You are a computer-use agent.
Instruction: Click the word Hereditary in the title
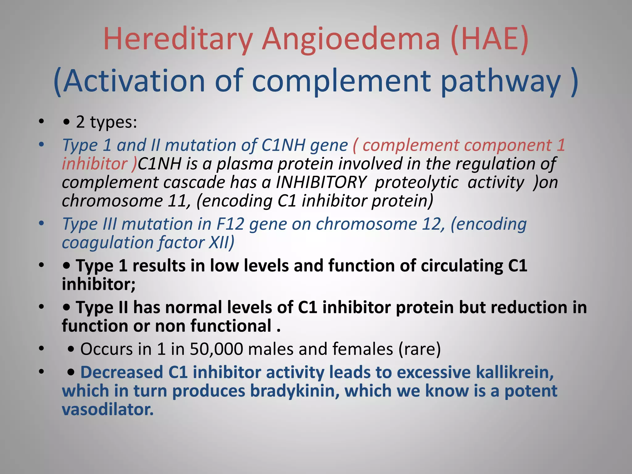[178, 39]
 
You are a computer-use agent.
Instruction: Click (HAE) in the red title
[489, 39]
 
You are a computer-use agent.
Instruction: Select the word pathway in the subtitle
[500, 81]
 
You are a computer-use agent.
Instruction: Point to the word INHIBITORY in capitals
[321, 182]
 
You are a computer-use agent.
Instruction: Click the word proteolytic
[417, 182]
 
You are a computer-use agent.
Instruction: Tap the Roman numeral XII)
[222, 243]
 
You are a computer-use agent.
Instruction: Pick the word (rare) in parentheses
[419, 349]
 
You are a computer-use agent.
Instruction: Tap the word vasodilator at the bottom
[108, 410]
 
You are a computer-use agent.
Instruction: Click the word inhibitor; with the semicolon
[98, 284]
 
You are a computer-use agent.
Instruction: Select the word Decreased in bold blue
[122, 372]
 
